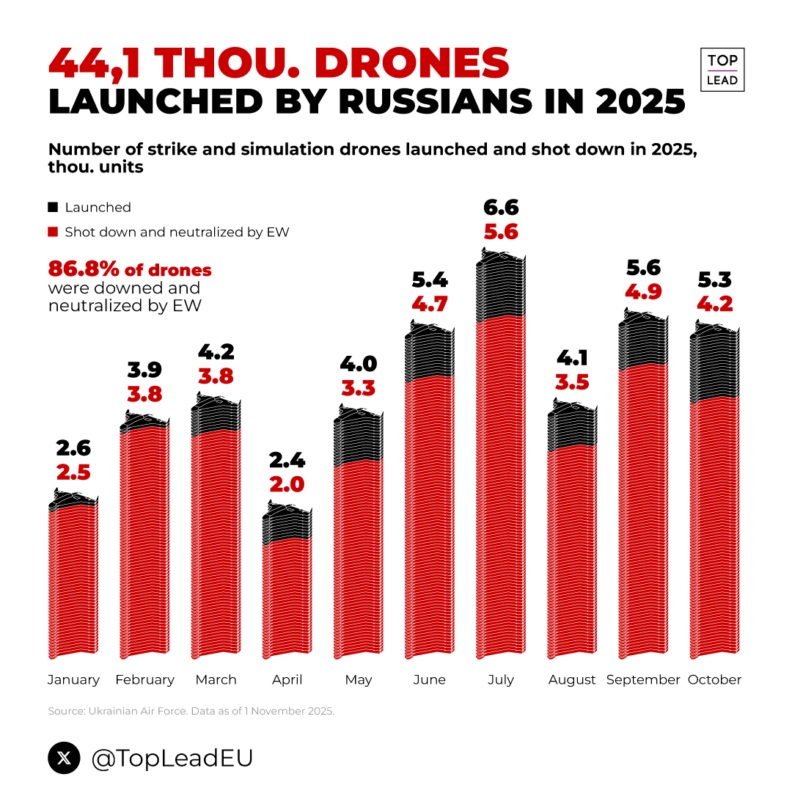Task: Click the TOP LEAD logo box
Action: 722,70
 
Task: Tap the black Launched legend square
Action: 53,208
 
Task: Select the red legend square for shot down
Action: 53,233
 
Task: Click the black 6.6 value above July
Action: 501,208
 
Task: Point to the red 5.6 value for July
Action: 501,233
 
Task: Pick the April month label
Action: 287,680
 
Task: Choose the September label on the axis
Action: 643,680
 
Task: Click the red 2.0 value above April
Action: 287,484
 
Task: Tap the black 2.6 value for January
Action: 73,448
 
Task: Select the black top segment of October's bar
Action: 714,363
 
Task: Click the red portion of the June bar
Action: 430,514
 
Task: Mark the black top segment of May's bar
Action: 359,437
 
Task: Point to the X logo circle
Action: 64,759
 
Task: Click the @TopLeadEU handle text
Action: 172,759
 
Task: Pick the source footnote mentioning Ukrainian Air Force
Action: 191,711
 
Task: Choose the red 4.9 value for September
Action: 643,292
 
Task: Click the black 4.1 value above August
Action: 572,358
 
